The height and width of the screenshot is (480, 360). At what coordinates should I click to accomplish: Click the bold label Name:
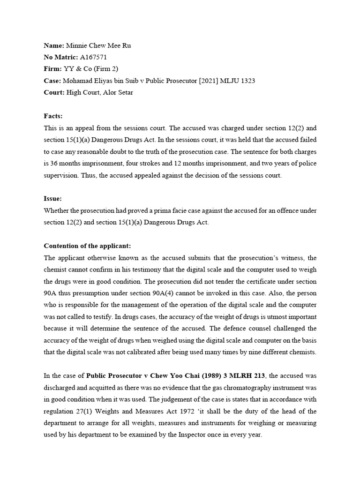point(54,45)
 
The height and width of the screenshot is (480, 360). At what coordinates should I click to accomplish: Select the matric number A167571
point(94,57)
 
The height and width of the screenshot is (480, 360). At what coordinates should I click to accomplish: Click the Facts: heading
point(53,116)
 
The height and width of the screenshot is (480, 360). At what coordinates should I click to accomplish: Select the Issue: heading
point(53,198)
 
